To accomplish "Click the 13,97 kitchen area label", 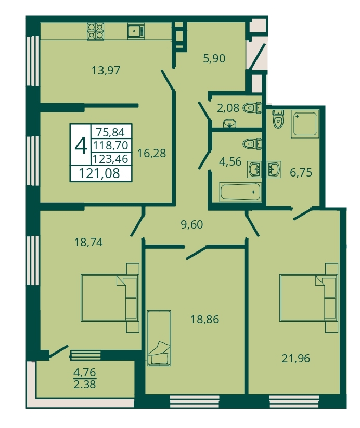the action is pos(106,70).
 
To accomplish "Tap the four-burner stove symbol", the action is pos(96,31).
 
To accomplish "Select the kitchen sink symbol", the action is pos(136,31).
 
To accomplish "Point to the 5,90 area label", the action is pos(214,58).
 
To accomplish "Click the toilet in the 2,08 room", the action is pos(252,108).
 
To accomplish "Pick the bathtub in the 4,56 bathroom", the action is pos(240,192).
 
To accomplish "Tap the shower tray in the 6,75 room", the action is pos(305,123).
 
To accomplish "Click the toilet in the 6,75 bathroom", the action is pos(278,119).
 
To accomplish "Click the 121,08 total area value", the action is pos(99,173).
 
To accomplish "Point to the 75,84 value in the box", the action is pos(110,132).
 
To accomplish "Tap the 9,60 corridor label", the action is pos(192,224).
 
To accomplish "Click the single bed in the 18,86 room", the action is pos(159,338).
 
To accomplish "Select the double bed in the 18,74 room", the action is pos(110,298).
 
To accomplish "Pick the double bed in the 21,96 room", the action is pos(309,298).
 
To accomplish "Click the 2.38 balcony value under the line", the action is pos(85,384).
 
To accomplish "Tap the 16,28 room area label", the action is pos(151,153).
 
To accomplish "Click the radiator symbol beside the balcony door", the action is pos(86,356).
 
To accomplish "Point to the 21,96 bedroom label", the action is pos(295,358).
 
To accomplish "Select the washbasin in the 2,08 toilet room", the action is pos(229,123).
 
